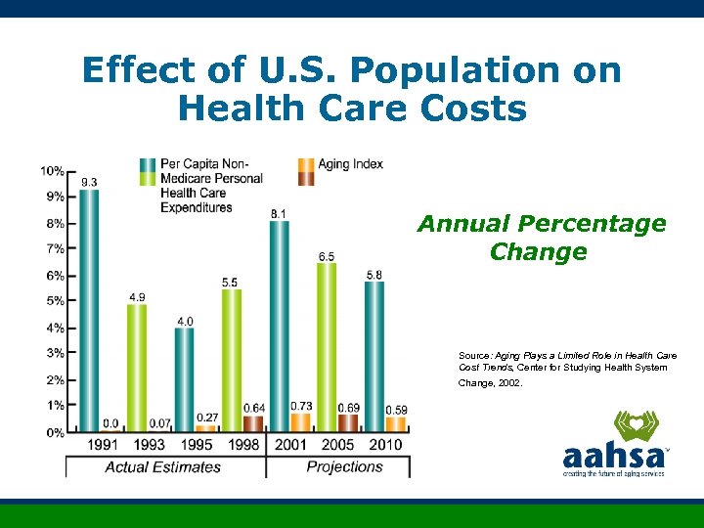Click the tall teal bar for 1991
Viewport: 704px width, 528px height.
(89, 309)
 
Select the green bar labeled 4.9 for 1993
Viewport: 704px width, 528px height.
(137, 367)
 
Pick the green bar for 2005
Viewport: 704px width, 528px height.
(327, 346)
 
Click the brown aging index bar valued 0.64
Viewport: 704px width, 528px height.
(253, 423)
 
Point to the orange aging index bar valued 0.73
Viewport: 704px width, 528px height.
(301, 421)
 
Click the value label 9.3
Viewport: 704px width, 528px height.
(89, 182)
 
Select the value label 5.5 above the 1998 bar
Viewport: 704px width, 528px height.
(230, 282)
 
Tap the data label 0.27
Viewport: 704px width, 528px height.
(206, 418)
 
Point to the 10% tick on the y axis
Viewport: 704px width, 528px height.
(53, 171)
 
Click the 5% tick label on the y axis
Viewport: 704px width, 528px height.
(53, 301)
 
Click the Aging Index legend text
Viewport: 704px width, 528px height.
(350, 164)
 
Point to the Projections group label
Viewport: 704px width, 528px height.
(344, 467)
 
